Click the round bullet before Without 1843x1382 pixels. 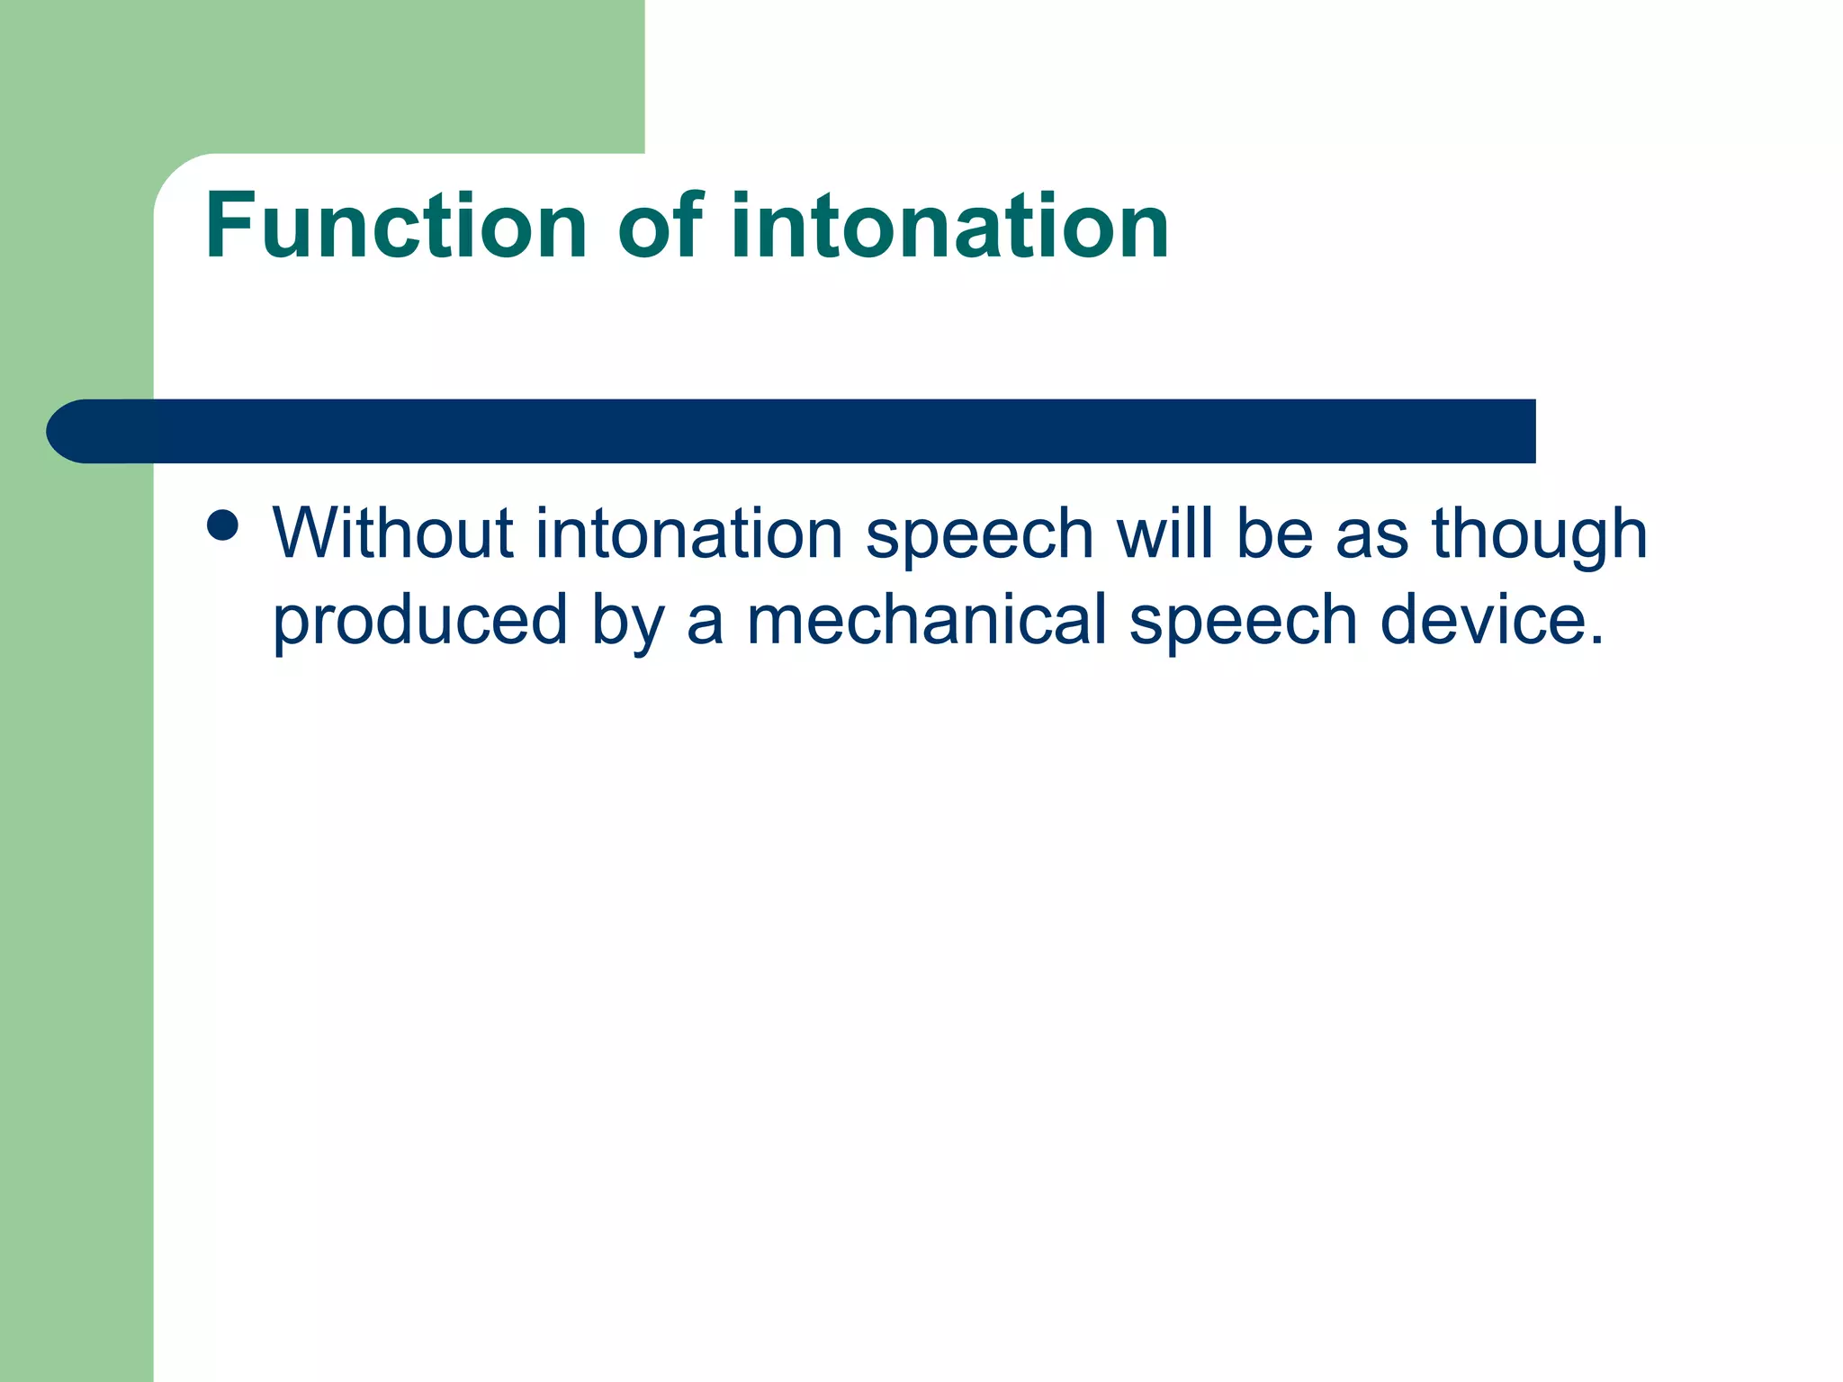(222, 525)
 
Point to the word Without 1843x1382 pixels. (392, 534)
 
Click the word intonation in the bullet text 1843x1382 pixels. (688, 534)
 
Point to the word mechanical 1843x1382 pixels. (927, 620)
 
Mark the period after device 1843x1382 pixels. (1596, 642)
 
